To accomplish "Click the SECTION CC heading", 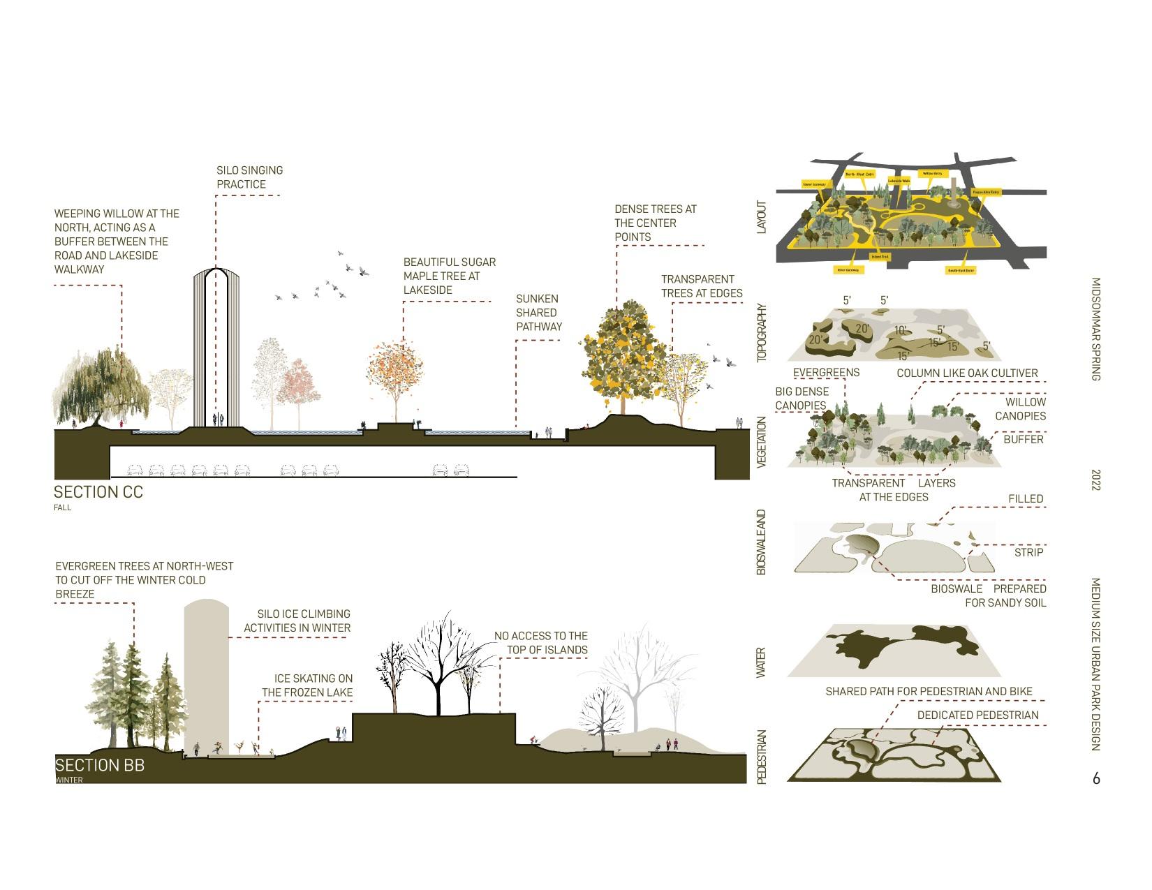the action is pos(98,492).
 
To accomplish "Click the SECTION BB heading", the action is pos(100,765).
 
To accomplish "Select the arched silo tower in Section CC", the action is pos(215,349).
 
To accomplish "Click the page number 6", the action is pos(1096,778).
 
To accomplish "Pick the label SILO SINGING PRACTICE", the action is pos(240,177).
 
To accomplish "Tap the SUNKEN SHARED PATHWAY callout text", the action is pos(538,313).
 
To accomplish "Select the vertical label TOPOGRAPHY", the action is pos(762,332).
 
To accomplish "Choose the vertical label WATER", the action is pos(762,662).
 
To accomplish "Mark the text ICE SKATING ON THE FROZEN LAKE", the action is pos(308,685).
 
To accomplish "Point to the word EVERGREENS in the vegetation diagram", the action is pos(826,373).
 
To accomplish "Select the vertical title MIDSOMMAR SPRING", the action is pos(1095,329).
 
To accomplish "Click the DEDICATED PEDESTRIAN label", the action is pos(977,715).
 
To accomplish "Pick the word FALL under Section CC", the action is pos(63,507).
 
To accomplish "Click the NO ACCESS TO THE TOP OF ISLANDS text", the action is pos(541,643).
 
